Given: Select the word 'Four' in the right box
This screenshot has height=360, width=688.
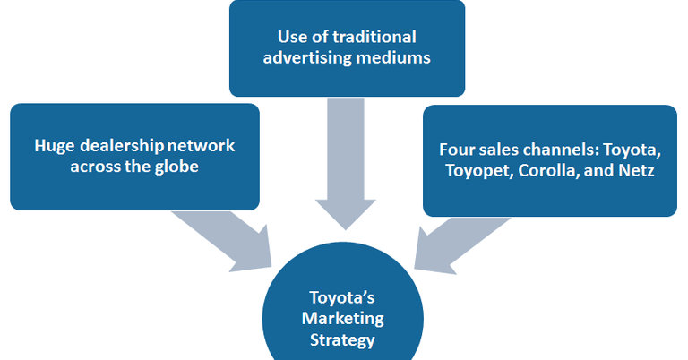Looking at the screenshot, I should (457, 149).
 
